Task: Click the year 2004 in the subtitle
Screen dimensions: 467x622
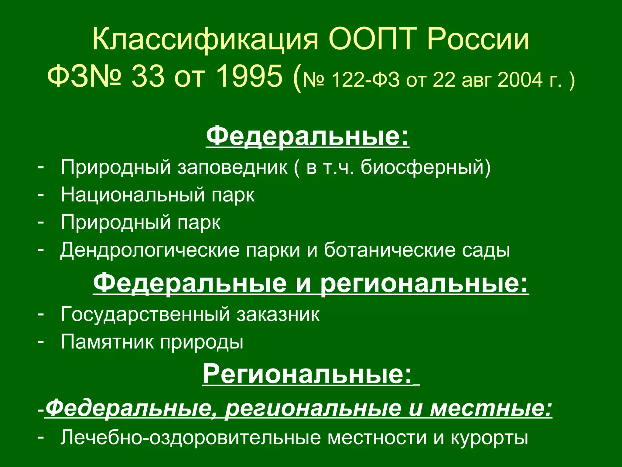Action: [520, 80]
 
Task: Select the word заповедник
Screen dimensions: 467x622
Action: [232, 167]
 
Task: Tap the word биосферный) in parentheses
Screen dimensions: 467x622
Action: [425, 167]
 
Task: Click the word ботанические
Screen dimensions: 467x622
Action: [389, 250]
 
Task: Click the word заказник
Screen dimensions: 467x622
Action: [278, 314]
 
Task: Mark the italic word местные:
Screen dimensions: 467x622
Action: [491, 408]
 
